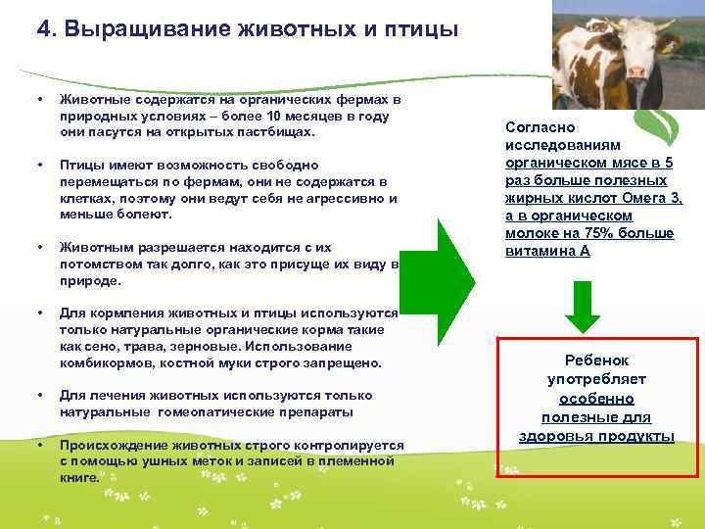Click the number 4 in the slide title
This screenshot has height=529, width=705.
[43, 28]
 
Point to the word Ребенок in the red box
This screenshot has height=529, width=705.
[596, 361]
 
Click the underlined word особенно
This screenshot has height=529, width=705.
[596, 399]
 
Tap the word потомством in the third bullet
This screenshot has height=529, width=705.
[101, 264]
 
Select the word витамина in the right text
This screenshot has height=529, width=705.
[539, 251]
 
